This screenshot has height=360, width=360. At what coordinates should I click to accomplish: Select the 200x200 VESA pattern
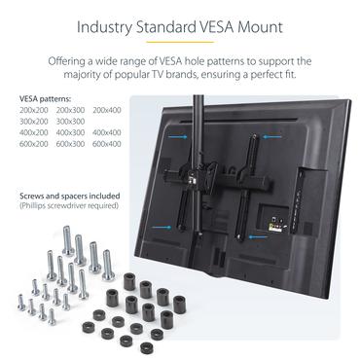[33, 111]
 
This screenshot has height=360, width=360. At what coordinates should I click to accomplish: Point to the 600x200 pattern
[33, 143]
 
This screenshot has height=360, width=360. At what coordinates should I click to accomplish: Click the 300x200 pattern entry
[33, 122]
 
